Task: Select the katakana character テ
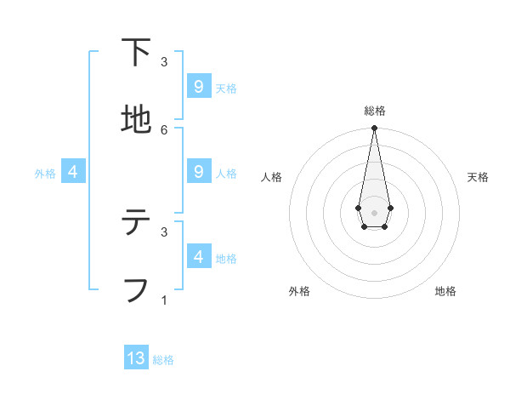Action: [136, 223]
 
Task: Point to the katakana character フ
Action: [136, 289]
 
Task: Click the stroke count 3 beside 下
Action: [164, 62]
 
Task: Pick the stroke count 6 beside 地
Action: [164, 129]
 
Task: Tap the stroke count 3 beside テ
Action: [164, 231]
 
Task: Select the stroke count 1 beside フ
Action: [164, 300]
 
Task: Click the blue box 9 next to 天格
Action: [198, 86]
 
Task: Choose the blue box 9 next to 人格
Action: [198, 171]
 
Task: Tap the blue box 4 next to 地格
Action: [198, 256]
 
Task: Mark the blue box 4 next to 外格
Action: [73, 171]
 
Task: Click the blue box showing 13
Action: [136, 358]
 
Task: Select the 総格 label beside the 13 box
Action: [163, 360]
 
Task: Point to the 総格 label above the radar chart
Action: [374, 111]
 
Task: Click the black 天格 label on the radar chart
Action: [478, 177]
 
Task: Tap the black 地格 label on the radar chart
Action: [445, 291]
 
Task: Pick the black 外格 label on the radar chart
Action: [299, 291]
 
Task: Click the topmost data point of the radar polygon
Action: [374, 129]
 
